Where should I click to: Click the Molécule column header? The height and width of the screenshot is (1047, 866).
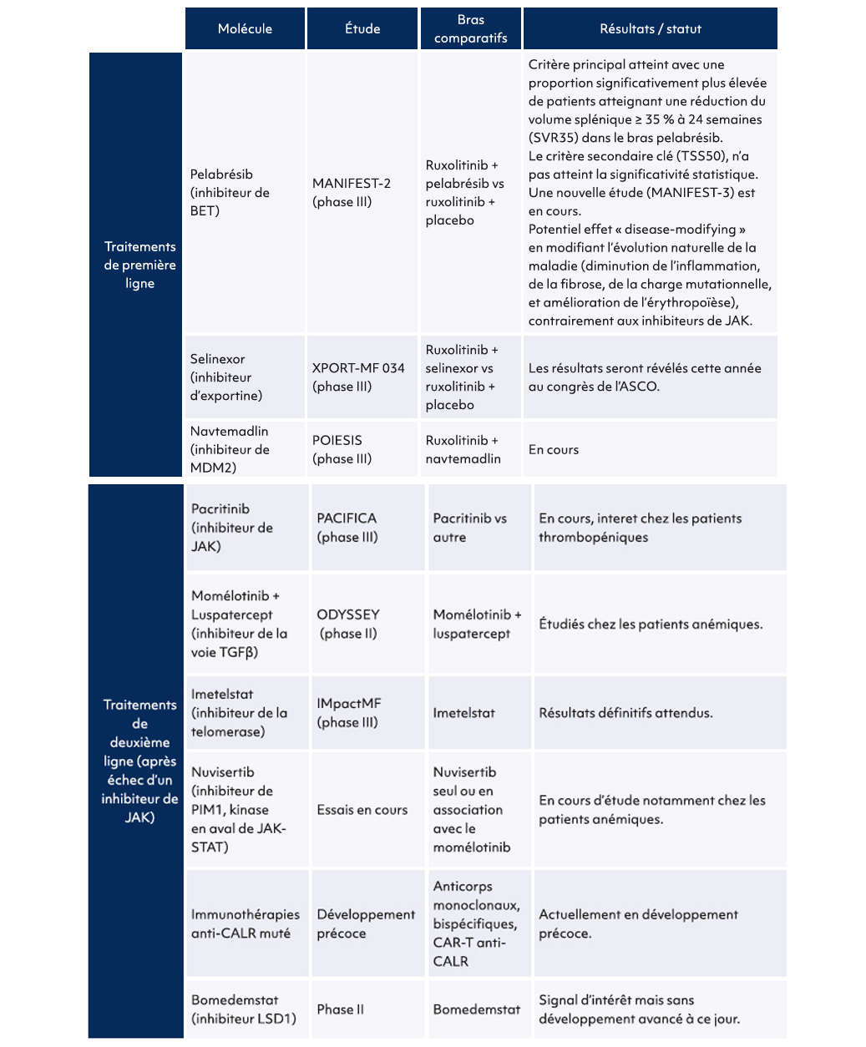245,29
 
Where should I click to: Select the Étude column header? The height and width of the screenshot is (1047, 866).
362,29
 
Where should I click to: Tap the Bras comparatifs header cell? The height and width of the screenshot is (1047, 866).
470,29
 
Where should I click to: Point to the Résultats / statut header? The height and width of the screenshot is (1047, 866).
650,29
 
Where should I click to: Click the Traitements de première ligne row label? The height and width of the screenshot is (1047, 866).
139,265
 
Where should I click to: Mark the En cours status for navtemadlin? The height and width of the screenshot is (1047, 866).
554,449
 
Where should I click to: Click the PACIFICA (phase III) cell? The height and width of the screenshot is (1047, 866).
347,528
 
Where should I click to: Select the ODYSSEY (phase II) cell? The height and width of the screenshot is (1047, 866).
348,624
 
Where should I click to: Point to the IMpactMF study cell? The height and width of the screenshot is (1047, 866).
349,713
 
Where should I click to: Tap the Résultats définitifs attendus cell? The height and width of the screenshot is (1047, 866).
625,713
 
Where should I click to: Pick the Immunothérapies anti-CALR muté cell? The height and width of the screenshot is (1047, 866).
245,923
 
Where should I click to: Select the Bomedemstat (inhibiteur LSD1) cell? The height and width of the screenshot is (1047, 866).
243,1009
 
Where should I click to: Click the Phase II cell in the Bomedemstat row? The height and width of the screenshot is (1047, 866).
341,1009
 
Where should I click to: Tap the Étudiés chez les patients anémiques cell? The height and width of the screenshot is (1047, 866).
651,624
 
